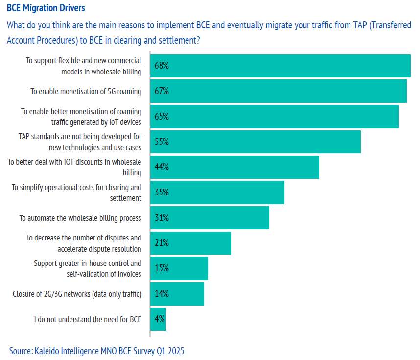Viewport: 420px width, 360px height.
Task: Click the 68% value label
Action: click(162, 66)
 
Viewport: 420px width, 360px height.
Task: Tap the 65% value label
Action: click(162, 117)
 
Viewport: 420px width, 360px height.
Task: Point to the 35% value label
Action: click(162, 192)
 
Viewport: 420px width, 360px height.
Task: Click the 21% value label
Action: click(162, 243)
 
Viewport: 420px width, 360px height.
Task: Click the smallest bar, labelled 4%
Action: click(158, 319)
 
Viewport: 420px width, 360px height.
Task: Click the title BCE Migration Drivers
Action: click(46, 8)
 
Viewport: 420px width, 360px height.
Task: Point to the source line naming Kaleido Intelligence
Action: click(97, 351)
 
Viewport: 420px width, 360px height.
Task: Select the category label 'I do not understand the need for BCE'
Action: click(88, 320)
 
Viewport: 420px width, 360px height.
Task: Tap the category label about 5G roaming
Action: click(86, 91)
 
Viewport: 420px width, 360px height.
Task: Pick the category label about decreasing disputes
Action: click(84, 243)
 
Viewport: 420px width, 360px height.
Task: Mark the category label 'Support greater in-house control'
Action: click(88, 268)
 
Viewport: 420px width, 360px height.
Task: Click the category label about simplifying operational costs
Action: click(76, 192)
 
